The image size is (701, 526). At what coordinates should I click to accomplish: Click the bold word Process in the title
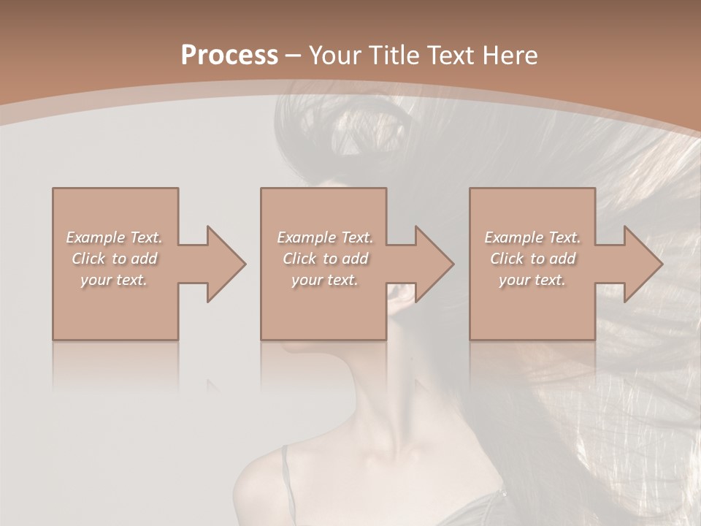(229, 56)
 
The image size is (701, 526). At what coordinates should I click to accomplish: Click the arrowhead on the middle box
(434, 264)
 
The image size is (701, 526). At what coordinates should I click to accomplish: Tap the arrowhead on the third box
(643, 264)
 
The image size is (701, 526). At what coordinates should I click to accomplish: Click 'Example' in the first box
(96, 237)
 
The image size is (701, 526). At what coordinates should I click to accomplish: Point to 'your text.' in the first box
(114, 280)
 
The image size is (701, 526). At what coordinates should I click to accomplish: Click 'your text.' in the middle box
(325, 280)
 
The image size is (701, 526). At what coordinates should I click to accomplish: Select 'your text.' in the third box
(532, 280)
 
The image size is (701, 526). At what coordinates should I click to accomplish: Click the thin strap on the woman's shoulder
(288, 475)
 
